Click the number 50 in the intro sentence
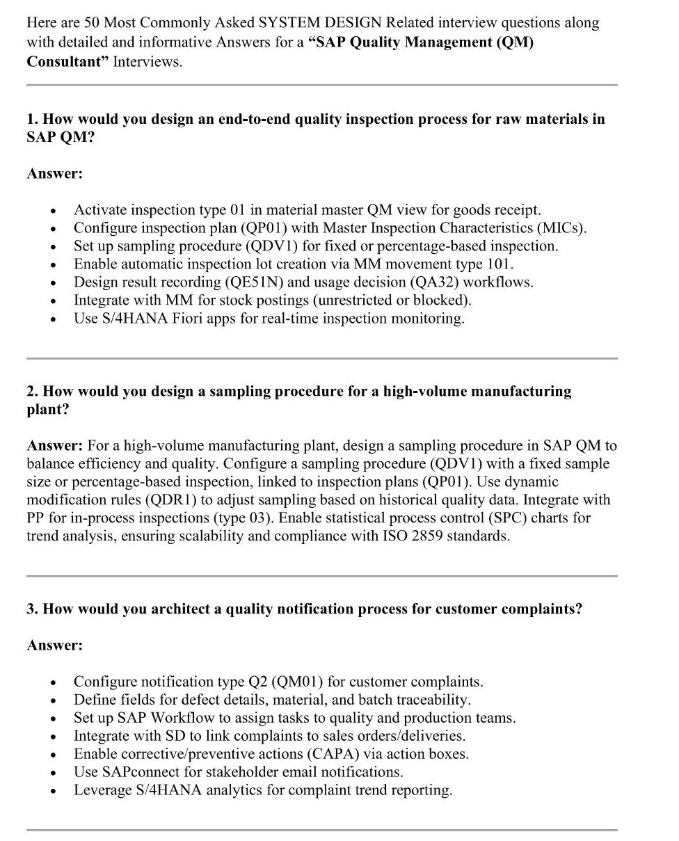click(92, 23)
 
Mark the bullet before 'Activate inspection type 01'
click(53, 210)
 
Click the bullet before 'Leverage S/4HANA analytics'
click(53, 790)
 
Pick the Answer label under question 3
click(54, 646)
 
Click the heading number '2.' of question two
click(33, 392)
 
